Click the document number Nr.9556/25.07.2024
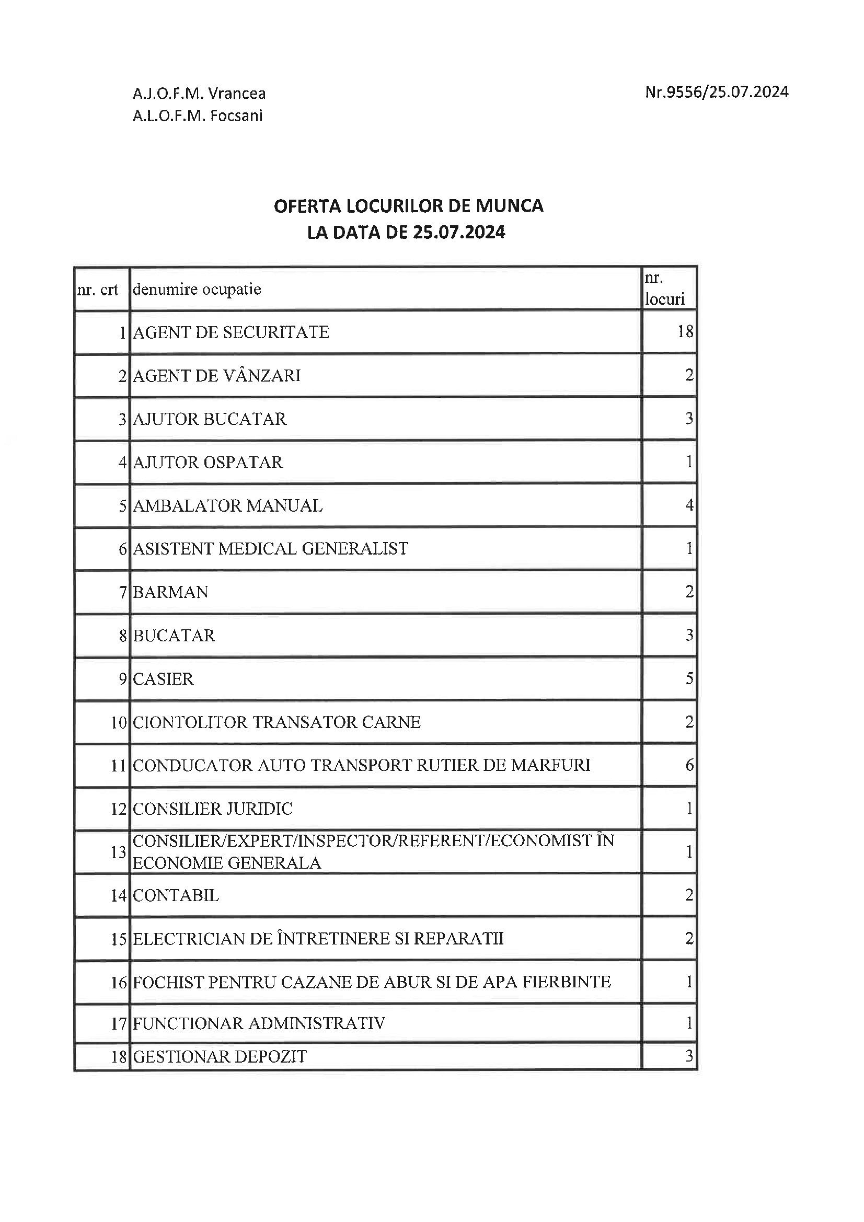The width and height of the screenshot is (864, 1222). coord(717,93)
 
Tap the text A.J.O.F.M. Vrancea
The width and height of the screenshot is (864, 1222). coord(199,94)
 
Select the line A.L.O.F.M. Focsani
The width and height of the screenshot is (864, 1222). coord(198,116)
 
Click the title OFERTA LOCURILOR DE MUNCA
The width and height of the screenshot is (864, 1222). coord(408,206)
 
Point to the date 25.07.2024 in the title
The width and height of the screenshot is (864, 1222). coord(458,233)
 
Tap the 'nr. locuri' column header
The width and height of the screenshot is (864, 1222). coord(664,289)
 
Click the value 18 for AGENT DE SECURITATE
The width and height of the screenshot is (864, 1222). coord(685,331)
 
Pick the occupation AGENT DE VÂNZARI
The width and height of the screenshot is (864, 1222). coord(217,376)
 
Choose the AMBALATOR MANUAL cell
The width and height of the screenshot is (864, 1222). coord(227,505)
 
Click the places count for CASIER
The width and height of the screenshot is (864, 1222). coord(689,678)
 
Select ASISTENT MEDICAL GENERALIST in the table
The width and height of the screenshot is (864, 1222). coord(270,548)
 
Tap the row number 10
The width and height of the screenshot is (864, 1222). coord(118,722)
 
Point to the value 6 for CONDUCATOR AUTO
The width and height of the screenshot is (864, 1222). coord(689,765)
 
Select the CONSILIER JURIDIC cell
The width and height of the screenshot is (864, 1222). coord(212,809)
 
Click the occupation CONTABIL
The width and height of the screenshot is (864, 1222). coord(176,896)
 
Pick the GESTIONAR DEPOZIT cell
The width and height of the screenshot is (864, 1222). coord(220,1056)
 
